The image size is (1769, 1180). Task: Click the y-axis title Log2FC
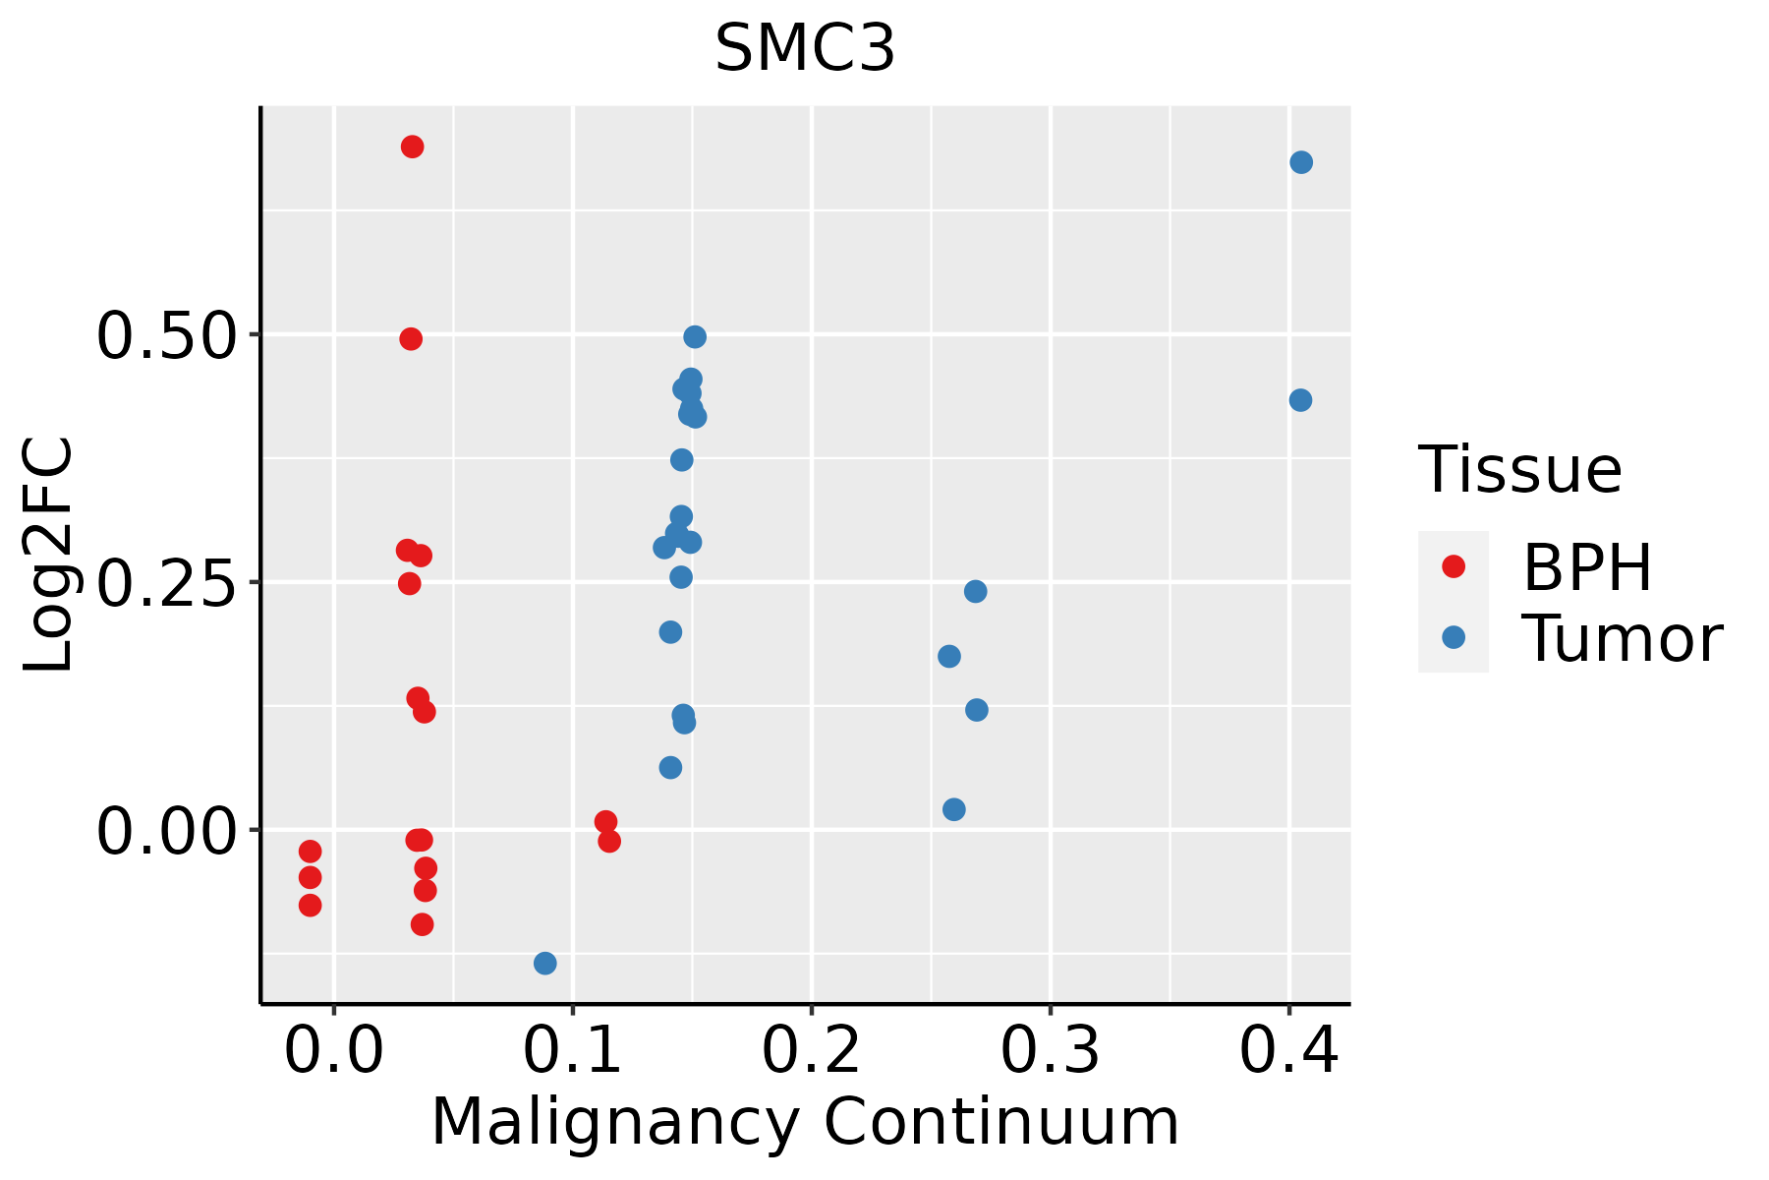(x=49, y=556)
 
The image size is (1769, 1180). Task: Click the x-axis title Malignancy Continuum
(x=805, y=1122)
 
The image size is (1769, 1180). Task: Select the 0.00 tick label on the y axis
(x=167, y=832)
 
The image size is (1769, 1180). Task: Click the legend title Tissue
(x=1520, y=470)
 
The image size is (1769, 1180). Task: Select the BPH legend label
(x=1587, y=567)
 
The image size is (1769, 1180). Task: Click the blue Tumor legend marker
(x=1453, y=637)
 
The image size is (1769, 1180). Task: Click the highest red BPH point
(x=413, y=147)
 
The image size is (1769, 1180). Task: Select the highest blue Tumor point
(x=1301, y=162)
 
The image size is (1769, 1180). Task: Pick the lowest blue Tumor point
(x=545, y=963)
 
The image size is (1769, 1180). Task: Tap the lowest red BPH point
(x=423, y=924)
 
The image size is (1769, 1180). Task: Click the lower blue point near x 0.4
(x=1300, y=400)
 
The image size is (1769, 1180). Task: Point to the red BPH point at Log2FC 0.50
(x=411, y=339)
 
